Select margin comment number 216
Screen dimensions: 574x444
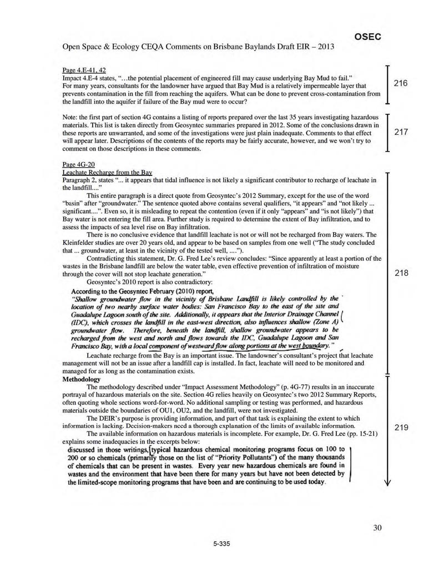click(401, 83)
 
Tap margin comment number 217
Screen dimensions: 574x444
click(401, 133)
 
